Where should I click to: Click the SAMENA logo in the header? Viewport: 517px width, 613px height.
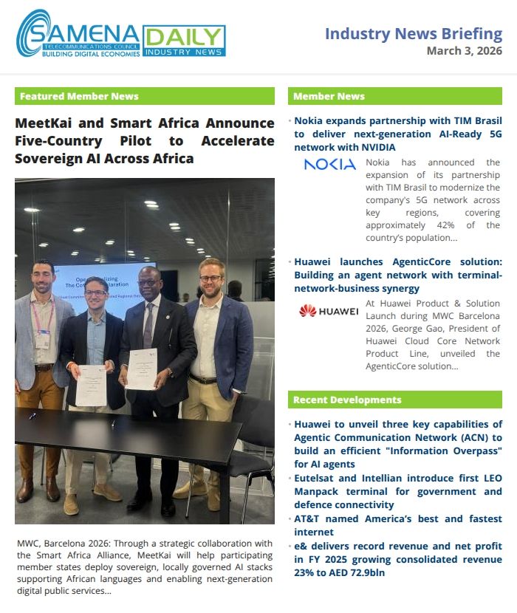[x=78, y=34]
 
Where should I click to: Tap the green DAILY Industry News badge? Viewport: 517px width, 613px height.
[x=184, y=41]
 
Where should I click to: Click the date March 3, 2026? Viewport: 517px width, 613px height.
[x=464, y=51]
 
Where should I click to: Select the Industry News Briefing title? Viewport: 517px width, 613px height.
[x=414, y=33]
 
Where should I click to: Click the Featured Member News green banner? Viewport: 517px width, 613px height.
[x=144, y=96]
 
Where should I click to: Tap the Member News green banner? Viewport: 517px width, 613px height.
[x=394, y=96]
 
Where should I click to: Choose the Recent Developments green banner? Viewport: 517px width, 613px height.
[x=394, y=400]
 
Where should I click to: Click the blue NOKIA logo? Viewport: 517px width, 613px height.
[x=329, y=164]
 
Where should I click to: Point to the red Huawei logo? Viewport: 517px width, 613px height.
[x=329, y=311]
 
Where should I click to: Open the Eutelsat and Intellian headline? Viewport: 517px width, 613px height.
[x=397, y=491]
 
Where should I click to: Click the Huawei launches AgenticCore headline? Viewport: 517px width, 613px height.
[x=397, y=275]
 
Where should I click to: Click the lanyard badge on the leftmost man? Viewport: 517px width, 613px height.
[x=44, y=339]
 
